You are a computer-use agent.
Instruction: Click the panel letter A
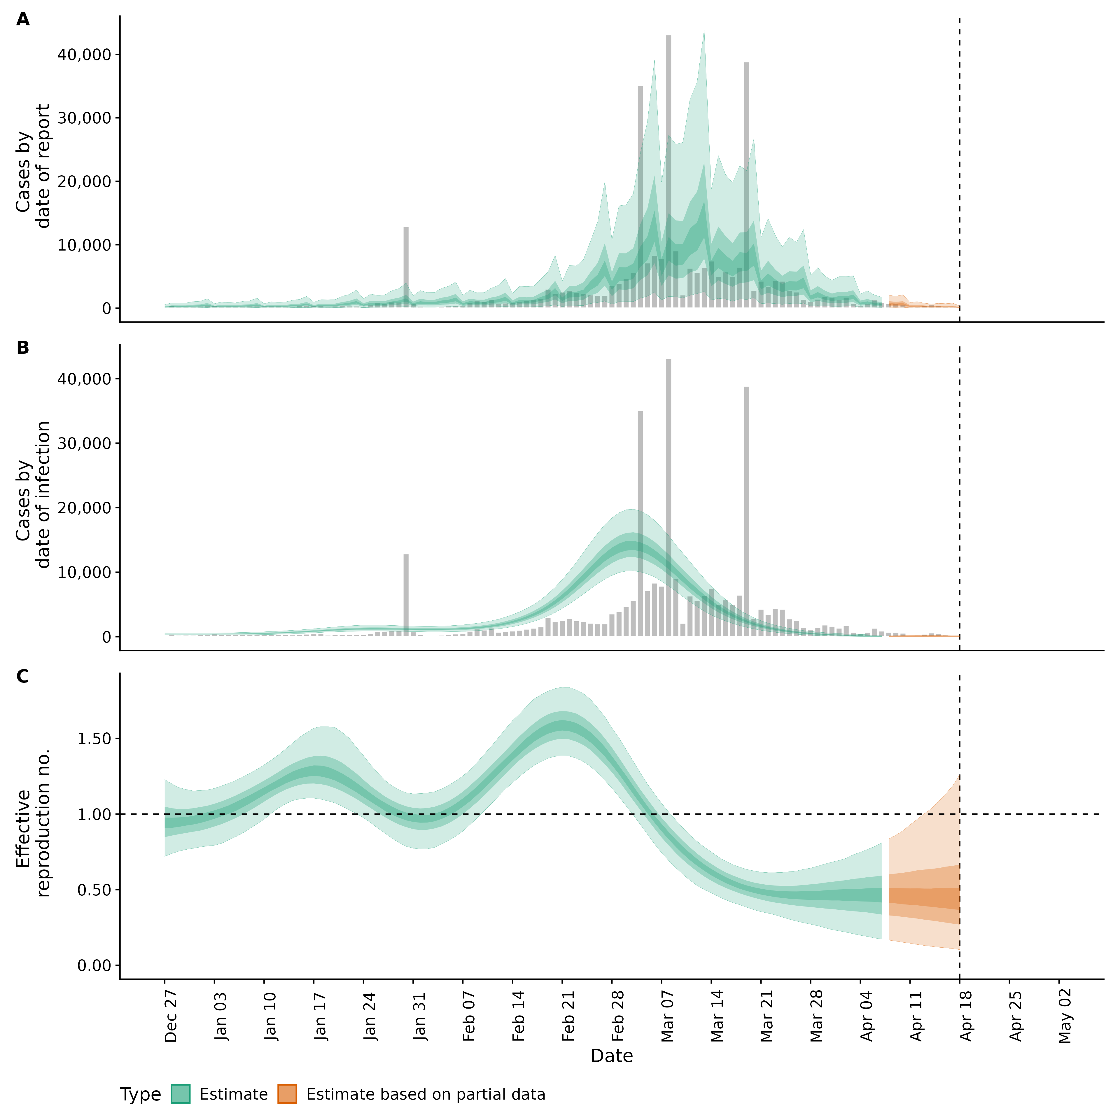tap(23, 20)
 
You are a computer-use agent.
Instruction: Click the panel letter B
tap(23, 348)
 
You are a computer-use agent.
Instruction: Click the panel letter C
tap(23, 677)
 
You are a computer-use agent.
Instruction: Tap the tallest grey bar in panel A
tap(668, 174)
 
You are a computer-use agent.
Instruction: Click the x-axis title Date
tap(612, 1056)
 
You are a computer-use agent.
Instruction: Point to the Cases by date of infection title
tap(33, 494)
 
